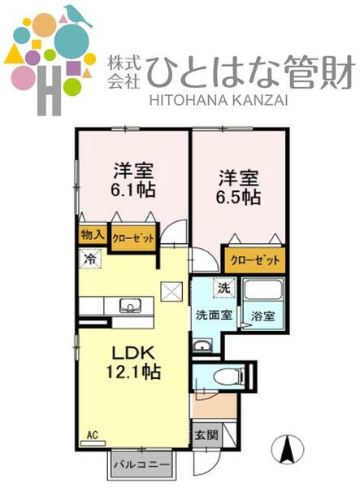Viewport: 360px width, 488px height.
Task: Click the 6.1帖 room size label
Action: click(134, 190)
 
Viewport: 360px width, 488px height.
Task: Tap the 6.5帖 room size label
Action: click(238, 197)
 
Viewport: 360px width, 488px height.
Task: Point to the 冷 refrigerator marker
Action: click(89, 259)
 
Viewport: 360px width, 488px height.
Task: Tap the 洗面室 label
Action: click(213, 314)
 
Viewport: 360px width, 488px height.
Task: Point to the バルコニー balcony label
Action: click(141, 464)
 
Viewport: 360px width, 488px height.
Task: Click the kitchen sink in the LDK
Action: click(130, 307)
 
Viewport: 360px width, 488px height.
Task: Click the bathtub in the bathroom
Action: click(263, 292)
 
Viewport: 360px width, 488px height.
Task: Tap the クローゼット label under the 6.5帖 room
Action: click(254, 260)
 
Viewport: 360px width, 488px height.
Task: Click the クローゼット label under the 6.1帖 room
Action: click(131, 239)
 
